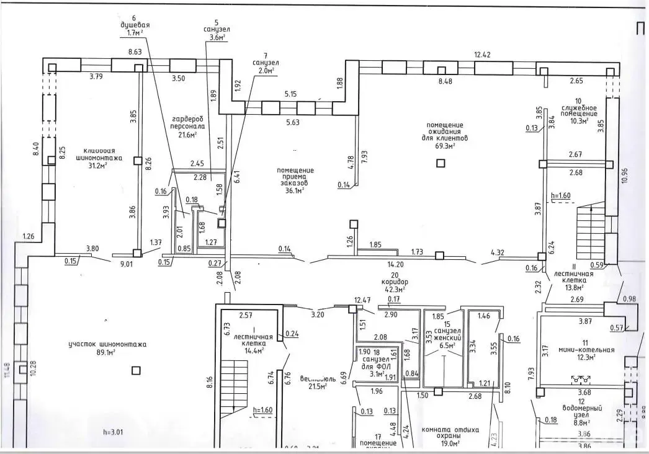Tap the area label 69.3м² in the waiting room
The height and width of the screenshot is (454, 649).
(x=445, y=146)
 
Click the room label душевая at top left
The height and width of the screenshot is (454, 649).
(x=135, y=25)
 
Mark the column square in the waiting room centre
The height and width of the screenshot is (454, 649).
(x=441, y=164)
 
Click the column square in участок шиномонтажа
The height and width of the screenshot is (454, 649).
(x=136, y=371)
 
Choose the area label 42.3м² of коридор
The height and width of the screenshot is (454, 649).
(x=395, y=289)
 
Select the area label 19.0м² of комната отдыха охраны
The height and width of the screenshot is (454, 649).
(x=447, y=443)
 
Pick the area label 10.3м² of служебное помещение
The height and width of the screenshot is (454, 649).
(x=578, y=122)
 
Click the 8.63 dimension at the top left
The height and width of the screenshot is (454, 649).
(x=135, y=53)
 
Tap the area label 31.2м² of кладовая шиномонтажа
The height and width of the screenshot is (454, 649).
(x=98, y=165)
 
